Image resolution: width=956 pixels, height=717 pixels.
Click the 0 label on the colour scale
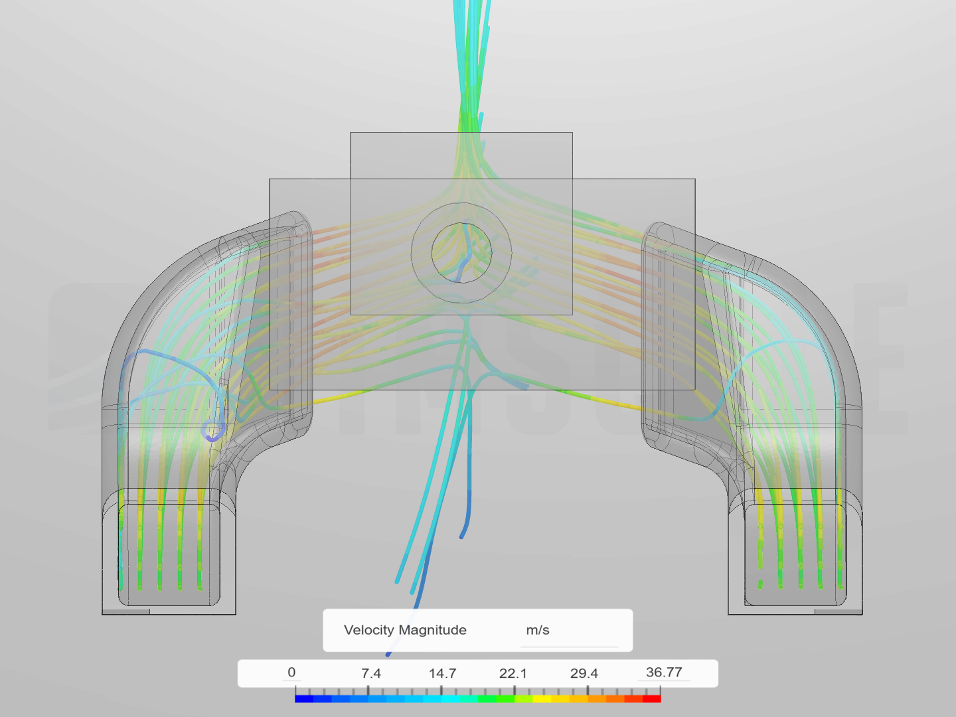click(x=291, y=672)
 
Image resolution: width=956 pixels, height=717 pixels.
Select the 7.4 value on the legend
click(x=371, y=673)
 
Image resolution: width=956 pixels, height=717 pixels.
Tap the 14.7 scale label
click(x=443, y=673)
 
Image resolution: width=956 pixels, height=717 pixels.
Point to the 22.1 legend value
click(x=513, y=673)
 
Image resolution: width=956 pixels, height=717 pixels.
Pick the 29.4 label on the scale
click(x=584, y=673)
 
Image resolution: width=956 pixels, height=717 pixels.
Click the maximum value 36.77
click(x=664, y=672)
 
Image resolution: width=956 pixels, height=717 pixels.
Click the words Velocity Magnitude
click(x=405, y=630)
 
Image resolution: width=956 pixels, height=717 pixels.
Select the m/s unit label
click(x=538, y=631)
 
